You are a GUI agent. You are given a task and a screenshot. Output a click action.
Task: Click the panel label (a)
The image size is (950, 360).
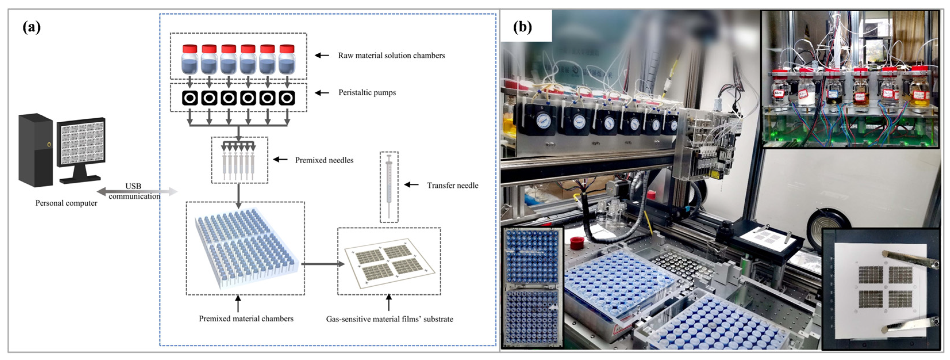point(32,27)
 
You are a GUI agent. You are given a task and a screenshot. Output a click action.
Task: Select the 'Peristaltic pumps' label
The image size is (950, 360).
point(367,93)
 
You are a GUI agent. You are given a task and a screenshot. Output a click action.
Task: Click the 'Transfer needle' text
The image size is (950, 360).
point(453,185)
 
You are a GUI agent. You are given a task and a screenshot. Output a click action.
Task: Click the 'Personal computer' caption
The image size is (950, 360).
point(66,203)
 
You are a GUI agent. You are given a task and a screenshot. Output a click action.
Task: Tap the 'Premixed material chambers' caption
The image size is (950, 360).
point(246,319)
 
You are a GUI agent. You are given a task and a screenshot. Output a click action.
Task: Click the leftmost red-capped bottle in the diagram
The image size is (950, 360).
point(190,60)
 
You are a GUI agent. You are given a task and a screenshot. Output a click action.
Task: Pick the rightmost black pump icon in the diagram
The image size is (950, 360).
point(287,98)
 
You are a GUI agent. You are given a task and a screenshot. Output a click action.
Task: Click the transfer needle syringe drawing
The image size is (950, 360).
point(389,186)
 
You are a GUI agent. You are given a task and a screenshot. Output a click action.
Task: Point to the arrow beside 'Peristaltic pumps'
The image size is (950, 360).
point(322,93)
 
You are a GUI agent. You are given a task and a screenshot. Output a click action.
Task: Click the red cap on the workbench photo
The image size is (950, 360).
point(577,242)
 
